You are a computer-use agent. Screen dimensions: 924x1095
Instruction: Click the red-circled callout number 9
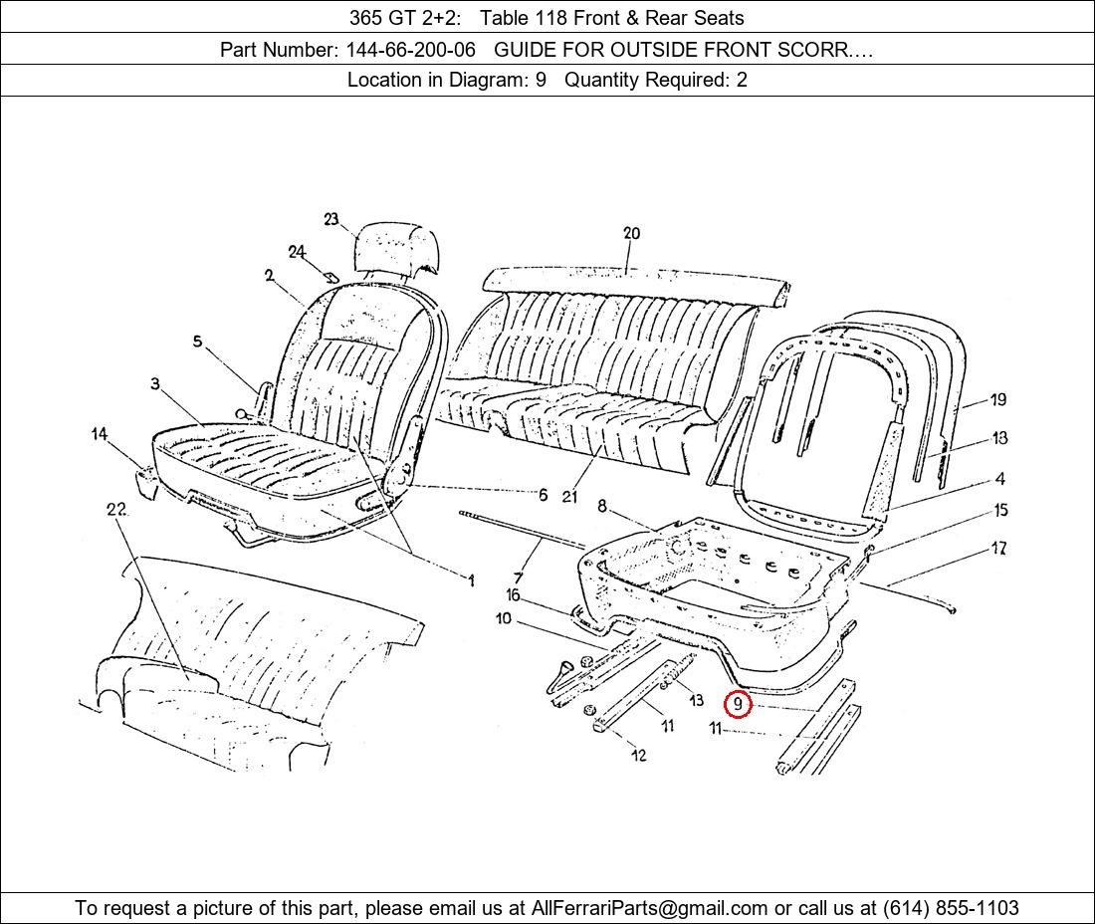738,704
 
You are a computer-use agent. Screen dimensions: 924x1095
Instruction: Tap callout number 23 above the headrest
331,220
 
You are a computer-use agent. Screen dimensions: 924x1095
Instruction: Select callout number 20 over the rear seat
631,234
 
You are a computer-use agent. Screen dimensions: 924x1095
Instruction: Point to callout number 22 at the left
116,510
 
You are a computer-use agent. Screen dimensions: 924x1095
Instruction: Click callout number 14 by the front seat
100,434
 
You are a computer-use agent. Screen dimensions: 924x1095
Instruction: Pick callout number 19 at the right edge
998,399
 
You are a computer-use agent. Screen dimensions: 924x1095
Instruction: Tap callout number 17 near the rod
998,548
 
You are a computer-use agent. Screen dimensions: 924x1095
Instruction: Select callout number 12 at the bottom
638,755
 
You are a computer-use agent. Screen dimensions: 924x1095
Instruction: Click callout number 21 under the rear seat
569,496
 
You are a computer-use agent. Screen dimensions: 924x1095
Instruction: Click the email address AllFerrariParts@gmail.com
650,908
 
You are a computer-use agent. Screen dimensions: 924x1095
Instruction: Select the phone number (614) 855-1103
950,908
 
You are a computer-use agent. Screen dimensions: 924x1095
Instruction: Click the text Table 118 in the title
520,17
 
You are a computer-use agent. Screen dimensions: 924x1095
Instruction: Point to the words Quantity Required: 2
656,81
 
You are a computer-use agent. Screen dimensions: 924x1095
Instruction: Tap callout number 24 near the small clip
297,252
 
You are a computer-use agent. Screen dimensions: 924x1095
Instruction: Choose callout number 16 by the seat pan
513,595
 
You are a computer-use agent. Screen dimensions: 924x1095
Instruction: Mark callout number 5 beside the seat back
197,342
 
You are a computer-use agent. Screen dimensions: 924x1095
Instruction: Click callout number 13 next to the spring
695,700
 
